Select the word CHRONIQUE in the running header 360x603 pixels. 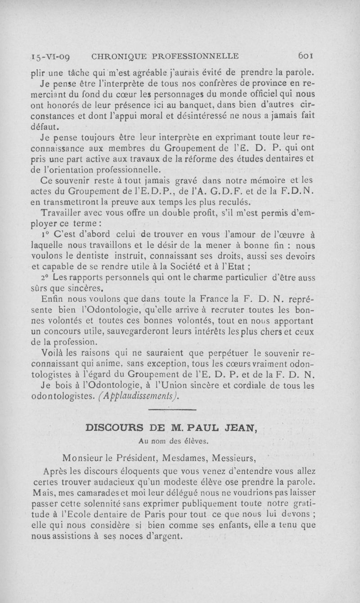click(x=118, y=57)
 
